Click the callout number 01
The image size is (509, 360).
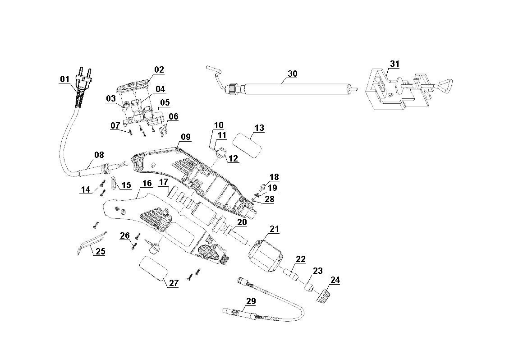64,79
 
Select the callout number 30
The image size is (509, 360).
293,74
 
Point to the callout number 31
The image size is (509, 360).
394,64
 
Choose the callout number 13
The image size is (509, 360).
259,128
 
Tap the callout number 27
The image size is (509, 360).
174,283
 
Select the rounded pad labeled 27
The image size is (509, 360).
153,268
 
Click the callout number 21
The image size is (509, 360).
274,229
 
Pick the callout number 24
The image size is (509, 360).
335,280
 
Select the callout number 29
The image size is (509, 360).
251,301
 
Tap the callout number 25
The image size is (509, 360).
100,251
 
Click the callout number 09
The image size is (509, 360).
186,137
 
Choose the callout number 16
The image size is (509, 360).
147,183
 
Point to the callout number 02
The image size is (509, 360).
159,69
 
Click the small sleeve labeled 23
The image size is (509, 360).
308,287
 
